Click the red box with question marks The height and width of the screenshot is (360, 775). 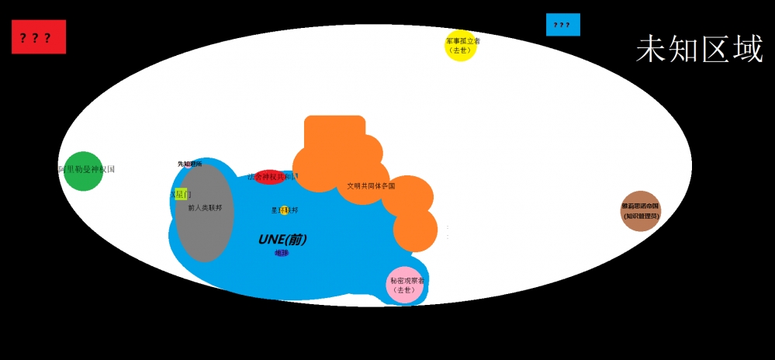(x=39, y=37)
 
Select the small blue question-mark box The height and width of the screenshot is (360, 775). (x=562, y=25)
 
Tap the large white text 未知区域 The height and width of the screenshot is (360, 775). (x=699, y=49)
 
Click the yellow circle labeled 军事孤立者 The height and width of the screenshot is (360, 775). (x=460, y=45)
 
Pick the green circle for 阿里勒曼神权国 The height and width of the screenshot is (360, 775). (x=83, y=171)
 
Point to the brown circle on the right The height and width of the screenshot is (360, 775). (x=640, y=211)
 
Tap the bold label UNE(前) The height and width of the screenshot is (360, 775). (x=282, y=240)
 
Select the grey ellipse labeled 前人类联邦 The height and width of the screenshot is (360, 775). (x=204, y=213)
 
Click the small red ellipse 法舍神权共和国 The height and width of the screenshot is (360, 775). (x=269, y=177)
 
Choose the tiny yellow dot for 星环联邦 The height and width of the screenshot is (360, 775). (x=285, y=210)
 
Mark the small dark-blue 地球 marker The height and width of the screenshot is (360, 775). (x=282, y=253)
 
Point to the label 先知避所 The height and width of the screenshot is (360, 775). (x=189, y=164)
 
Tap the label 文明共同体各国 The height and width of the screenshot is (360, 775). (x=371, y=186)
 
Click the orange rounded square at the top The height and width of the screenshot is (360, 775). (x=334, y=133)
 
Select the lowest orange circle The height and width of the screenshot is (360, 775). (x=415, y=230)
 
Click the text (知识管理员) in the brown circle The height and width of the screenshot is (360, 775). (x=641, y=216)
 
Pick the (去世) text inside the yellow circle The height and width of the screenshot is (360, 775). (x=460, y=50)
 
